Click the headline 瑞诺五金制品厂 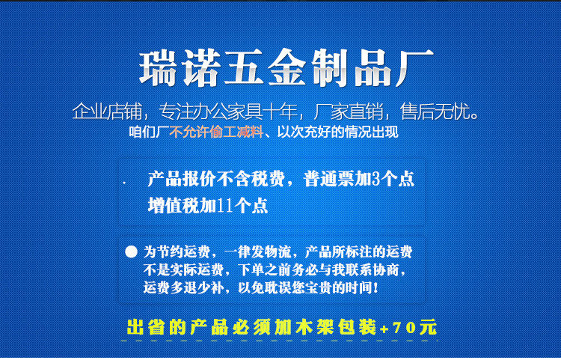tap(286, 67)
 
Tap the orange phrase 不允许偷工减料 tap(216, 132)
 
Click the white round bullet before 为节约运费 tap(132, 251)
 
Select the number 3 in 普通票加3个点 tap(375, 179)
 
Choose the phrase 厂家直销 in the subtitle tap(348, 112)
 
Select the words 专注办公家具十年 tap(228, 112)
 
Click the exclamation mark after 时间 tap(375, 287)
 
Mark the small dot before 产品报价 tap(124, 183)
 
